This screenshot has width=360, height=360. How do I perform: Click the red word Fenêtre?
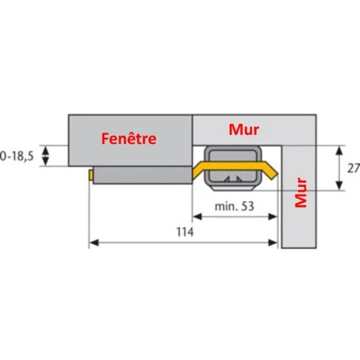pos(129,139)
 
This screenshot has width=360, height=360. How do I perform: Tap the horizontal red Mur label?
pos(244,129)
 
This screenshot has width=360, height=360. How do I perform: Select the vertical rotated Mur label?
pos(301,192)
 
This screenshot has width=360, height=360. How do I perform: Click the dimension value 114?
pos(185,232)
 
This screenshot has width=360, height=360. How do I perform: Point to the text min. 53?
pos(234,206)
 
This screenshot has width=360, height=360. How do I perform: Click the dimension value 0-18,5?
pos(17,156)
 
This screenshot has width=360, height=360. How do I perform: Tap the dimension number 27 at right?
pos(354,169)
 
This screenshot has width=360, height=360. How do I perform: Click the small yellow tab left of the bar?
pos(91,175)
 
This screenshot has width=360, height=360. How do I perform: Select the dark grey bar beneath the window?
pos(142,175)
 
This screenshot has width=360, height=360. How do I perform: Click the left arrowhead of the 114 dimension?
pos(94,243)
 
